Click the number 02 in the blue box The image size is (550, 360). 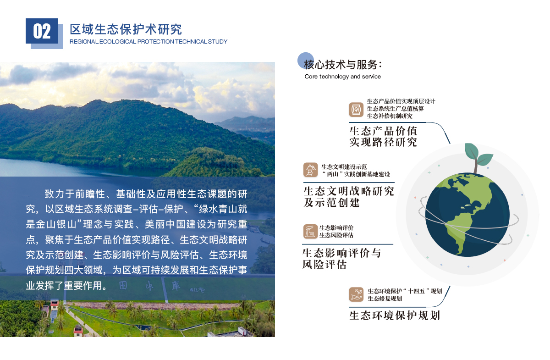pos(42,32)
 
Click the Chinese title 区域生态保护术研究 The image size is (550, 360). pos(126,29)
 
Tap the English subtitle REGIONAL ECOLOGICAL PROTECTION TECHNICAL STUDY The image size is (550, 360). pos(148,42)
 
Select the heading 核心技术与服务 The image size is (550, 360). pos(343,65)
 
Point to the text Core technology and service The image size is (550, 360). pos(342,77)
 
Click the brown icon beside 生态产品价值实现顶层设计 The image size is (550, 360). pos(356,110)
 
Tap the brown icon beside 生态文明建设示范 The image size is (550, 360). pos(310,170)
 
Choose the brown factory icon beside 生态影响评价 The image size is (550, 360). pos(310,231)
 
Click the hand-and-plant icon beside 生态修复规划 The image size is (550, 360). pos(356,294)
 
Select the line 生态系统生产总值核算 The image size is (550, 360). pos(395,109)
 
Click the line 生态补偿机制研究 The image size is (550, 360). pos(390,116)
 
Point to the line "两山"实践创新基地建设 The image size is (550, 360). pos(356,174)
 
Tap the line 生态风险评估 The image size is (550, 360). pos(336,235)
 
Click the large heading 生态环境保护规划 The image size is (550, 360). pos(395,316)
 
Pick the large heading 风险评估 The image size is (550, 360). pos(324,265)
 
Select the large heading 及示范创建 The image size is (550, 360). pos(331,203)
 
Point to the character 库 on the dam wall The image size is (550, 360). pos(176,286)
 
